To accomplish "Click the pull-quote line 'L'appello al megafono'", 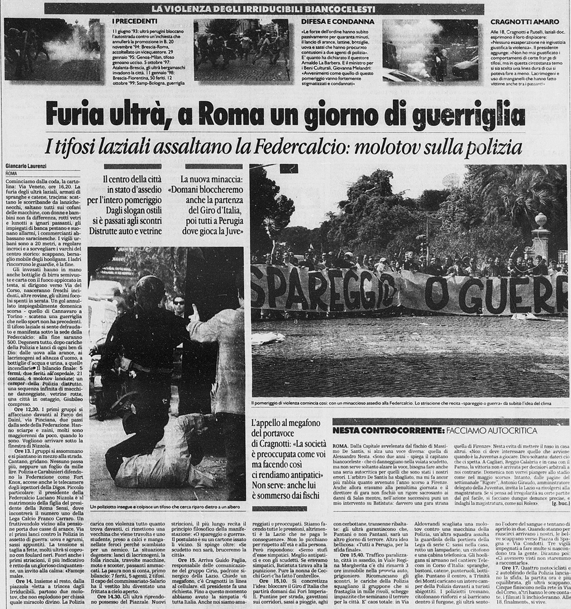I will pyautogui.click(x=285, y=423).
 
